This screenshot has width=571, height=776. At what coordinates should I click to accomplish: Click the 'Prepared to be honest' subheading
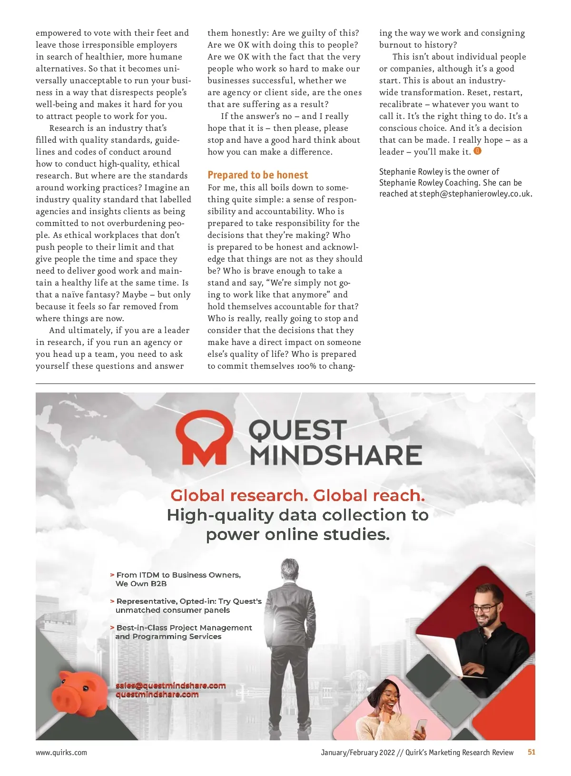(x=257, y=175)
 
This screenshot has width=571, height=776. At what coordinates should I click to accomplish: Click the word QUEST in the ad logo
(x=297, y=430)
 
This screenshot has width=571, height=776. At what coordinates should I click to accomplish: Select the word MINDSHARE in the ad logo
(x=336, y=455)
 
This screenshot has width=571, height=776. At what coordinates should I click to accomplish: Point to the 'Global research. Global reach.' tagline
(x=297, y=496)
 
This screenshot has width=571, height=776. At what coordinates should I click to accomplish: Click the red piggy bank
(x=79, y=695)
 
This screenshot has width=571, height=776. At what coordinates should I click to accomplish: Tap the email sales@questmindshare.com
(x=170, y=686)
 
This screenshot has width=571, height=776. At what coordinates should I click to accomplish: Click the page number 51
(x=532, y=752)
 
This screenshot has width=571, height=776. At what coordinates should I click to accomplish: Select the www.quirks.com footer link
(x=61, y=752)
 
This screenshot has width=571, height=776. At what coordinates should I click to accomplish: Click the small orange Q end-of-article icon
(x=478, y=151)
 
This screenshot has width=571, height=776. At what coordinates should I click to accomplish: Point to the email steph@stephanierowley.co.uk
(x=475, y=194)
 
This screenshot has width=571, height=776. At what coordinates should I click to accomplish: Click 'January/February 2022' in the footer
(x=358, y=752)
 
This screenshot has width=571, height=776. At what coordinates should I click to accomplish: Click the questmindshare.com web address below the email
(x=157, y=695)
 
